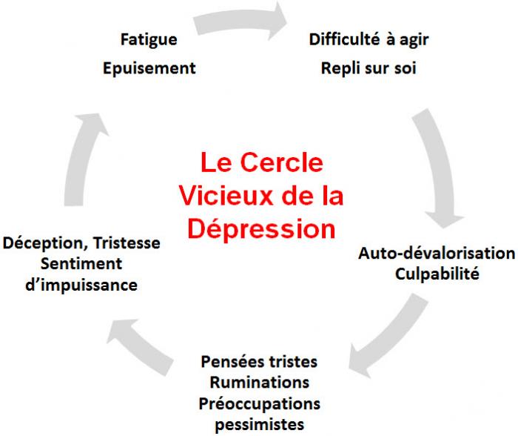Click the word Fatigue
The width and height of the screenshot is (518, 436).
(x=148, y=39)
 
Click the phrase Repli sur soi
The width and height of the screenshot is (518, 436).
(x=369, y=69)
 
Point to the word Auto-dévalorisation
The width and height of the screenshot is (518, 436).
(x=437, y=253)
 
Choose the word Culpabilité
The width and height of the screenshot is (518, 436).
(x=437, y=274)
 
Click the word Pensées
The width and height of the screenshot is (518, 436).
(x=233, y=363)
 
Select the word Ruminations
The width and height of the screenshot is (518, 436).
(x=259, y=383)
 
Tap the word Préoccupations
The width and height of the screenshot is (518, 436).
(x=259, y=404)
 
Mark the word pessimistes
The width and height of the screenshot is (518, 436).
(x=259, y=426)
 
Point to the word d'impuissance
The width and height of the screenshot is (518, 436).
(x=81, y=285)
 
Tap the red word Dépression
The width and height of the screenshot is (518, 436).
(x=260, y=228)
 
